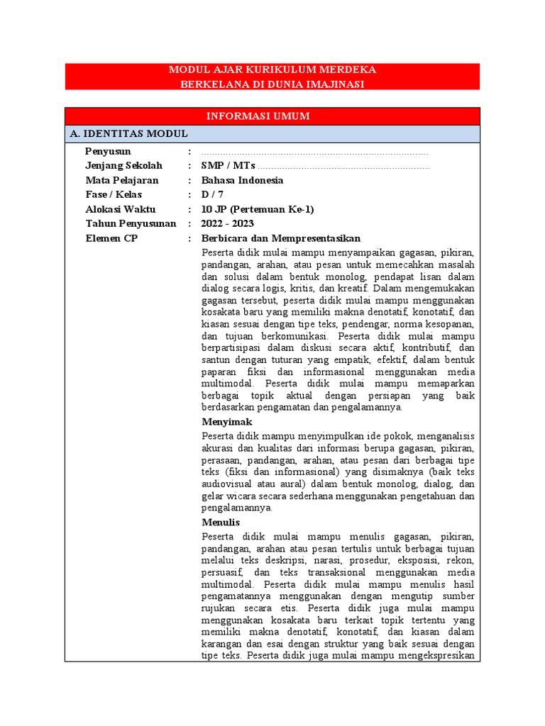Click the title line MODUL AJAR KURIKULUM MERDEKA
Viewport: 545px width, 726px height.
click(272, 70)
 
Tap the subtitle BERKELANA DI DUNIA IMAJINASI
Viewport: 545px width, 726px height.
click(272, 84)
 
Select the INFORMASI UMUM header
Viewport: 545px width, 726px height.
click(272, 116)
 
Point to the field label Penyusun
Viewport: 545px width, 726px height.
click(108, 151)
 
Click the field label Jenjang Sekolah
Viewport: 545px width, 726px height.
click(123, 166)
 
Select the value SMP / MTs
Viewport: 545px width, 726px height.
click(228, 166)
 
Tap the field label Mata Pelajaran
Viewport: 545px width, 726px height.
click(122, 180)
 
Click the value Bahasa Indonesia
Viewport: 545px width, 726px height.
click(242, 180)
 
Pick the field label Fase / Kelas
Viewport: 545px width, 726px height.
click(114, 195)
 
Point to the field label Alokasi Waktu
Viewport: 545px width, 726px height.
click(120, 209)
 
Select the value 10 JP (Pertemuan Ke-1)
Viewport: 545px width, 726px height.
click(257, 209)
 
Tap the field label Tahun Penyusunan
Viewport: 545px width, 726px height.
click(131, 224)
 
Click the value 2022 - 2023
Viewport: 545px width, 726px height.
click(227, 224)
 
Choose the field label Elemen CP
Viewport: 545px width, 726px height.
click(111, 238)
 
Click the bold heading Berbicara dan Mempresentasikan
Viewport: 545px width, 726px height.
click(281, 238)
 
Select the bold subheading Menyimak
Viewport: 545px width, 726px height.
click(226, 422)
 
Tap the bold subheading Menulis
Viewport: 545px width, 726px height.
click(221, 523)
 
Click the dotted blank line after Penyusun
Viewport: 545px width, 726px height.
click(315, 152)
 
